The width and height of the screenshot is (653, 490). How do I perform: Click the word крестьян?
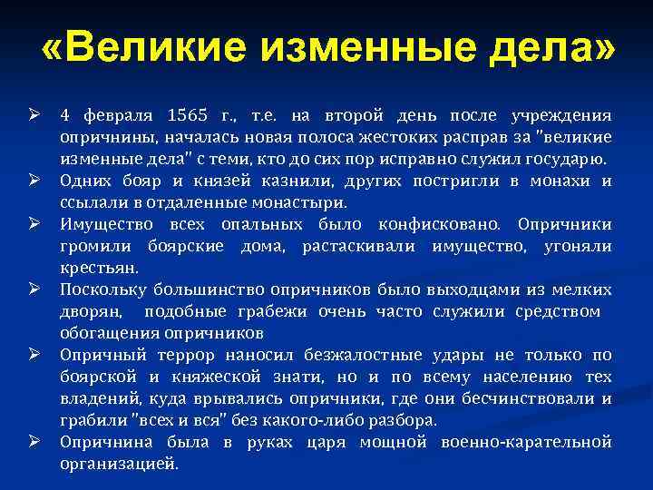[99, 267]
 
